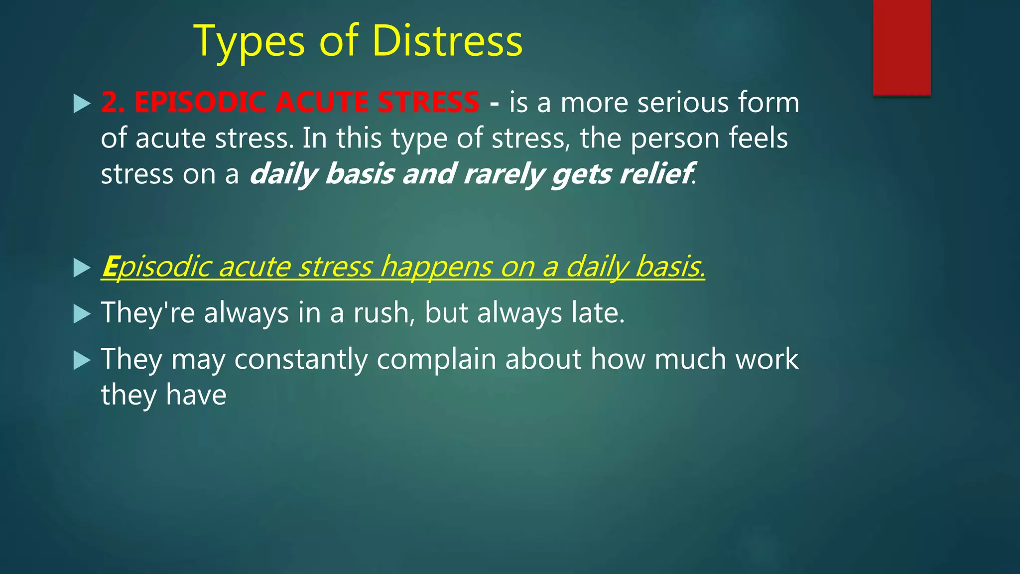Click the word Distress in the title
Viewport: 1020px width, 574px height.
coord(447,41)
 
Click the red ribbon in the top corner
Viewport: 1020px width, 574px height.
coord(901,47)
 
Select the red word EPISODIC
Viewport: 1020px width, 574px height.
coord(199,102)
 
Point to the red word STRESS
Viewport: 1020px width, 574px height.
coord(428,102)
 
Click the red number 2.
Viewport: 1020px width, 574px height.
coord(112,102)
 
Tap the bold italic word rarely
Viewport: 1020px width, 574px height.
coord(503,175)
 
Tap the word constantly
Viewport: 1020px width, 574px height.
coord(301,359)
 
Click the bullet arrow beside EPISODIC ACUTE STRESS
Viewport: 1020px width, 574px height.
coord(82,104)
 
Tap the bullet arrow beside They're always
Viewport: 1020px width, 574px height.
coord(82,314)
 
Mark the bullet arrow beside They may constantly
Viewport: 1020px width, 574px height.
coord(82,360)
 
